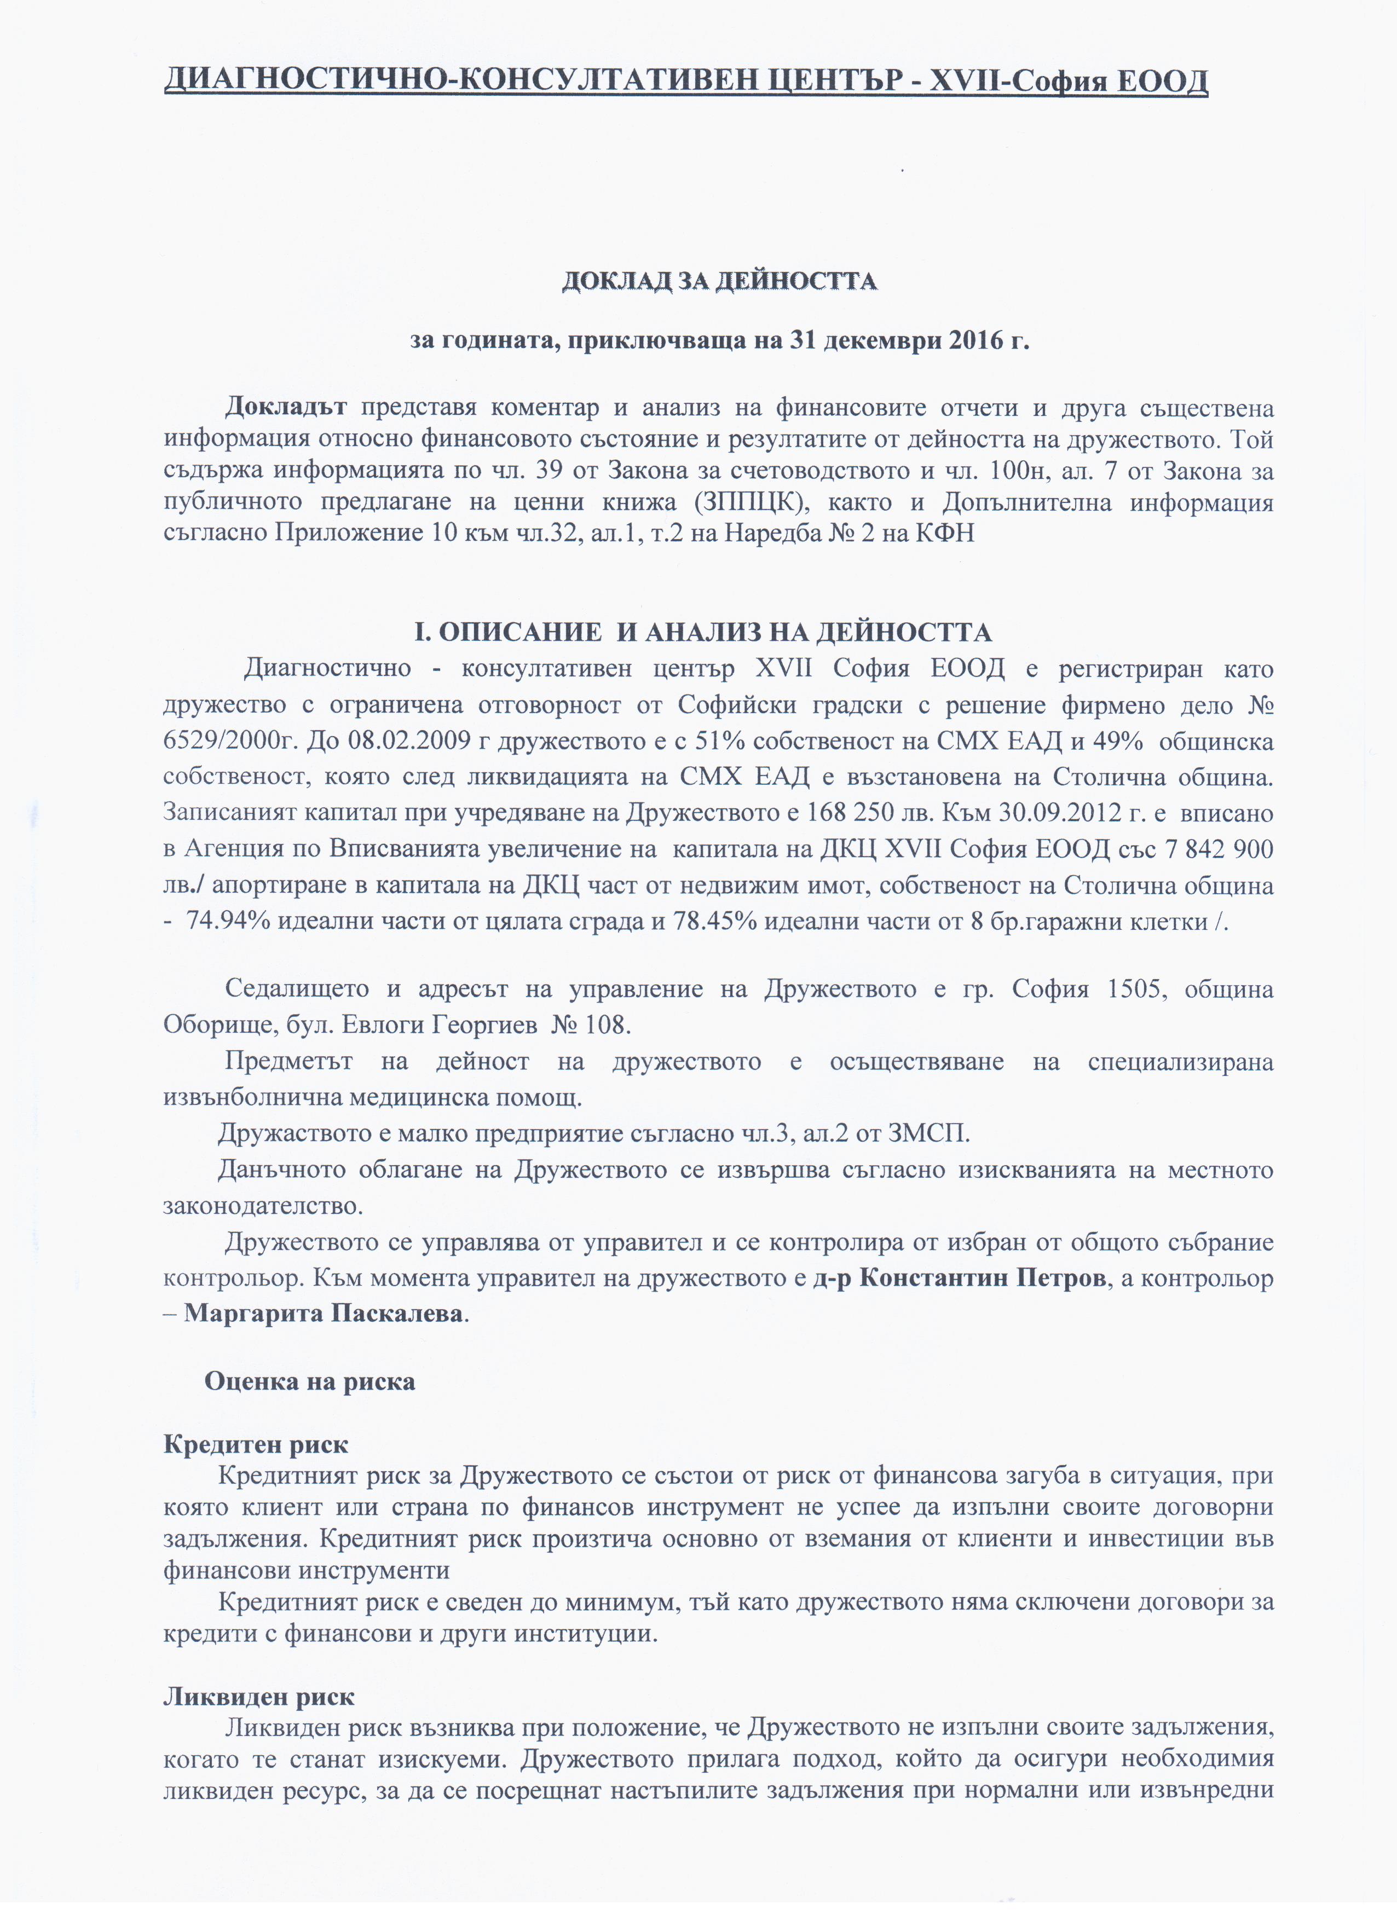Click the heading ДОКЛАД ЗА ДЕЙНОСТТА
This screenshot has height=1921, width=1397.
[719, 280]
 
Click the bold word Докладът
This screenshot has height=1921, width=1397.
[286, 407]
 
